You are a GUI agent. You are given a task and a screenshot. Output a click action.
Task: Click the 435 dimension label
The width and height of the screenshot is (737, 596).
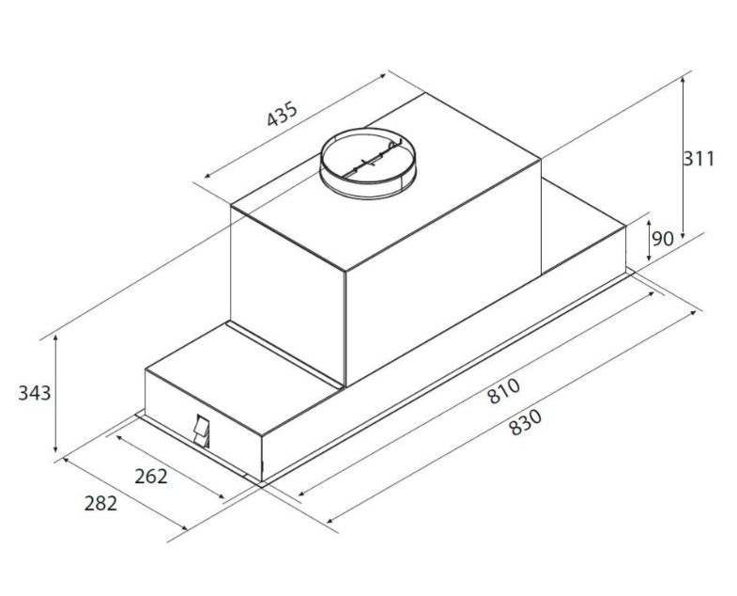pos(283,114)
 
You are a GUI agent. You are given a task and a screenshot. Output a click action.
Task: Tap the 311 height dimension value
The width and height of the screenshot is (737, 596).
pos(699,159)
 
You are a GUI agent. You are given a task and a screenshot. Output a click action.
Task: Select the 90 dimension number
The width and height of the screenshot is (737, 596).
pos(663,239)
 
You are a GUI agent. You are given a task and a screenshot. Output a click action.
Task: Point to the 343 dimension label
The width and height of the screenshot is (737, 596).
pos(35,393)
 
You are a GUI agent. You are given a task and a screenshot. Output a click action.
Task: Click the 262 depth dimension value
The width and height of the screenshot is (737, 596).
pos(151,477)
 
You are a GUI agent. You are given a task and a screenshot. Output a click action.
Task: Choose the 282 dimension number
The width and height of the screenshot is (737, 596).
pos(100,504)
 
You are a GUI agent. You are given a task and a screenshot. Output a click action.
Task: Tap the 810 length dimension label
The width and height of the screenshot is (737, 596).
pos(504,391)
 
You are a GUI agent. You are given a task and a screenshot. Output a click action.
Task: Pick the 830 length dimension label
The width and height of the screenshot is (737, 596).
pos(526,422)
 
